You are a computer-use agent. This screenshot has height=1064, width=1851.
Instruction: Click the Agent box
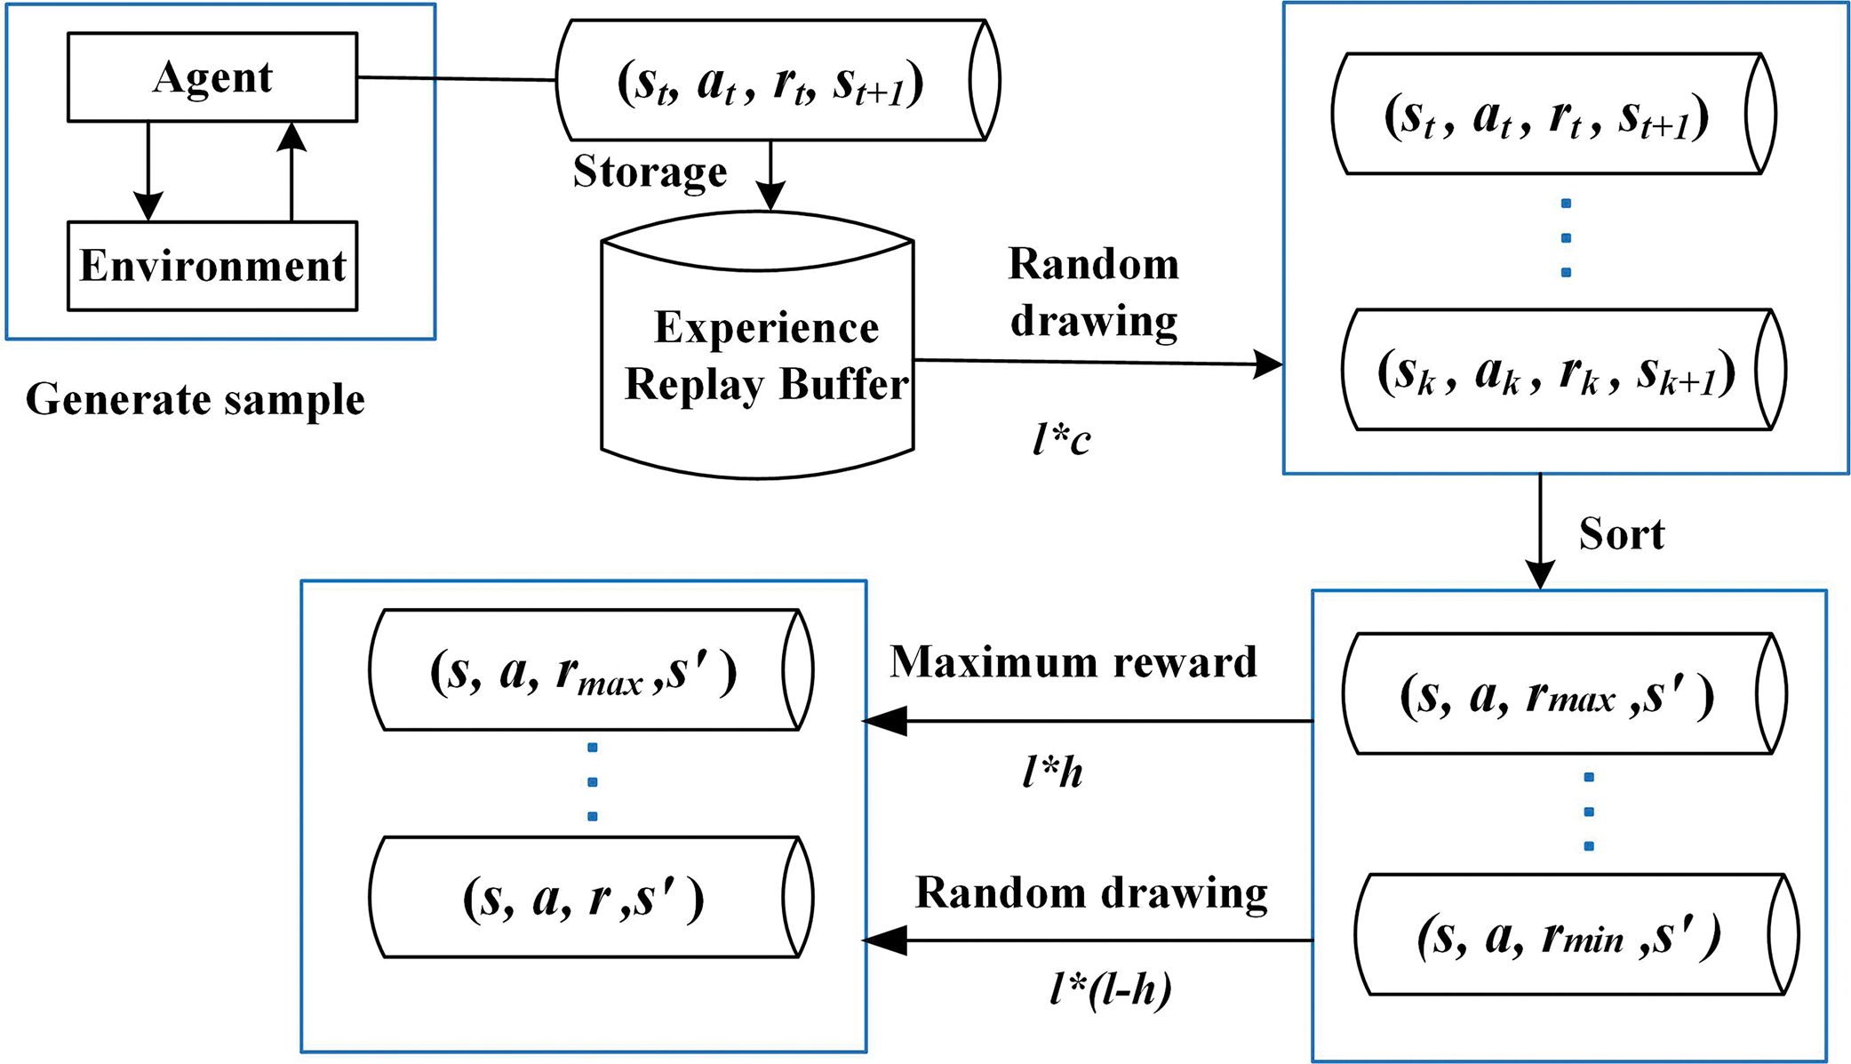pyautogui.click(x=212, y=77)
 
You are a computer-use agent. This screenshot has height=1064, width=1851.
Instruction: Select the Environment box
pyautogui.click(x=212, y=266)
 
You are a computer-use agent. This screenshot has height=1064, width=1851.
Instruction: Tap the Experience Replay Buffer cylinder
pyautogui.click(x=758, y=356)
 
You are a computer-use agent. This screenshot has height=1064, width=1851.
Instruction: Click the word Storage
pyautogui.click(x=650, y=172)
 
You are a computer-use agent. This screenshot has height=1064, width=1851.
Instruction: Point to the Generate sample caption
pyautogui.click(x=195, y=399)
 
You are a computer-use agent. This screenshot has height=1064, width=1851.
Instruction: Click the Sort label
pyautogui.click(x=1621, y=534)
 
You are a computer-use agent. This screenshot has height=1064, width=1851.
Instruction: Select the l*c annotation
pyautogui.click(x=1061, y=439)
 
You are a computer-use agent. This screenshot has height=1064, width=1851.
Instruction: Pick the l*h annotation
pyautogui.click(x=1052, y=772)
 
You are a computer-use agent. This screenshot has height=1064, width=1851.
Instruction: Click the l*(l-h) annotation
pyautogui.click(x=1110, y=988)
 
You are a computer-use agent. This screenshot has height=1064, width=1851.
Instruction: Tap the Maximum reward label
pyautogui.click(x=1073, y=662)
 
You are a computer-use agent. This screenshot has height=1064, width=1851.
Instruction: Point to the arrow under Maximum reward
pyautogui.click(x=1088, y=721)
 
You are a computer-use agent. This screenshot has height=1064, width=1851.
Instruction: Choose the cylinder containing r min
pyautogui.click(x=1575, y=935)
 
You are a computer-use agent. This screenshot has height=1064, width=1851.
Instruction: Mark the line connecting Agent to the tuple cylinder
pyautogui.click(x=457, y=79)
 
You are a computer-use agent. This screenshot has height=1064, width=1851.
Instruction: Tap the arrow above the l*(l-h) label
pyautogui.click(x=1088, y=940)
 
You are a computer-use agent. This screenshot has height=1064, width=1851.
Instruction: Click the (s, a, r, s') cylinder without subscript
pyautogui.click(x=590, y=897)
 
